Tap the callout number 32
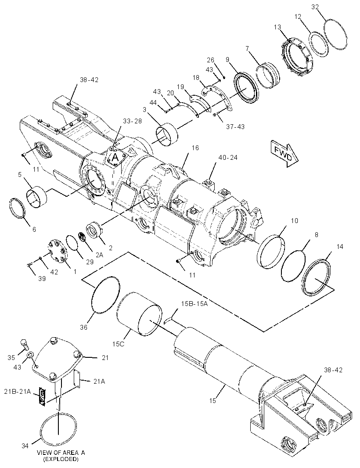click(x=315, y=7)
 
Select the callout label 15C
click(x=118, y=344)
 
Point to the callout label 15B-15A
click(x=194, y=303)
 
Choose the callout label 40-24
click(x=228, y=157)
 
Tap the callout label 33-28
click(x=132, y=121)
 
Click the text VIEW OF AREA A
click(x=61, y=453)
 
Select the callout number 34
click(x=25, y=446)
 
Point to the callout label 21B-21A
click(x=18, y=391)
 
